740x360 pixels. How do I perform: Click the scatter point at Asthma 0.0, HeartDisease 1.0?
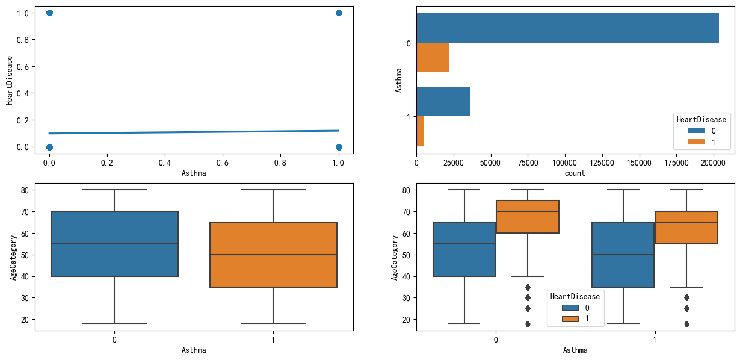click(x=49, y=13)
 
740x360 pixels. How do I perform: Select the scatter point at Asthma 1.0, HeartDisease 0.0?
click(x=339, y=147)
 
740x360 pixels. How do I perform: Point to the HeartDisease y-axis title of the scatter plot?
click(x=10, y=80)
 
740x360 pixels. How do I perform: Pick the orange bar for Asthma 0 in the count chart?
click(x=433, y=58)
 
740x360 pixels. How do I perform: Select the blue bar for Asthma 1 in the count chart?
click(x=443, y=101)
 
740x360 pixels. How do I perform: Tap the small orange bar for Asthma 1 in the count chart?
click(x=420, y=131)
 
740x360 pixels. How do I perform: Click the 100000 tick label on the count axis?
click(x=565, y=163)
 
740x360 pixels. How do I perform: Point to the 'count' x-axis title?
click(x=575, y=173)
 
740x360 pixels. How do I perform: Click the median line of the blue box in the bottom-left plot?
click(x=114, y=244)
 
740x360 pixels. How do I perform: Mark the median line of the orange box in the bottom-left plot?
click(x=273, y=255)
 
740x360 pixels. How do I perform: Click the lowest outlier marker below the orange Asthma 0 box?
click(x=528, y=324)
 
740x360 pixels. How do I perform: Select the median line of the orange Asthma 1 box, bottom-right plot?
click(x=686, y=222)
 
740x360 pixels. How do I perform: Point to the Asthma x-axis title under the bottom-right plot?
click(x=575, y=350)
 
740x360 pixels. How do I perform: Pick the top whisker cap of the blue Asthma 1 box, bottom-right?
click(x=623, y=190)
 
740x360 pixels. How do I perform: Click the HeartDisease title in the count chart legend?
click(x=702, y=119)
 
